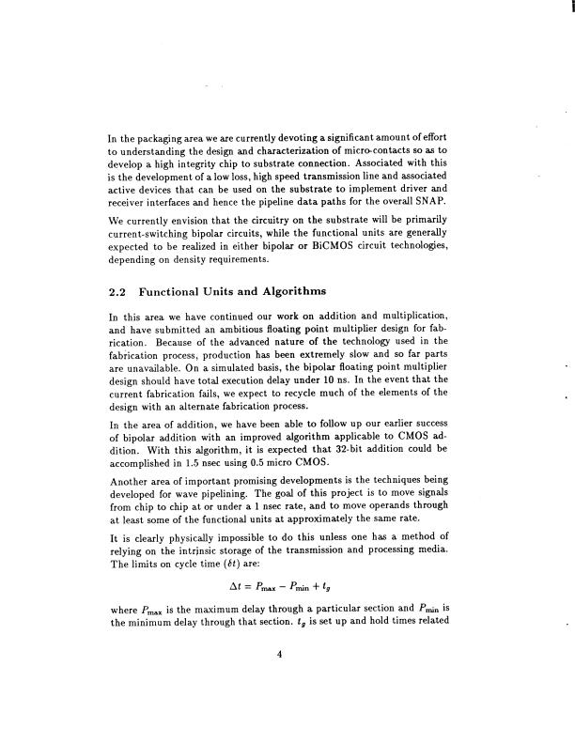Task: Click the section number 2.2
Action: click(120, 290)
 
